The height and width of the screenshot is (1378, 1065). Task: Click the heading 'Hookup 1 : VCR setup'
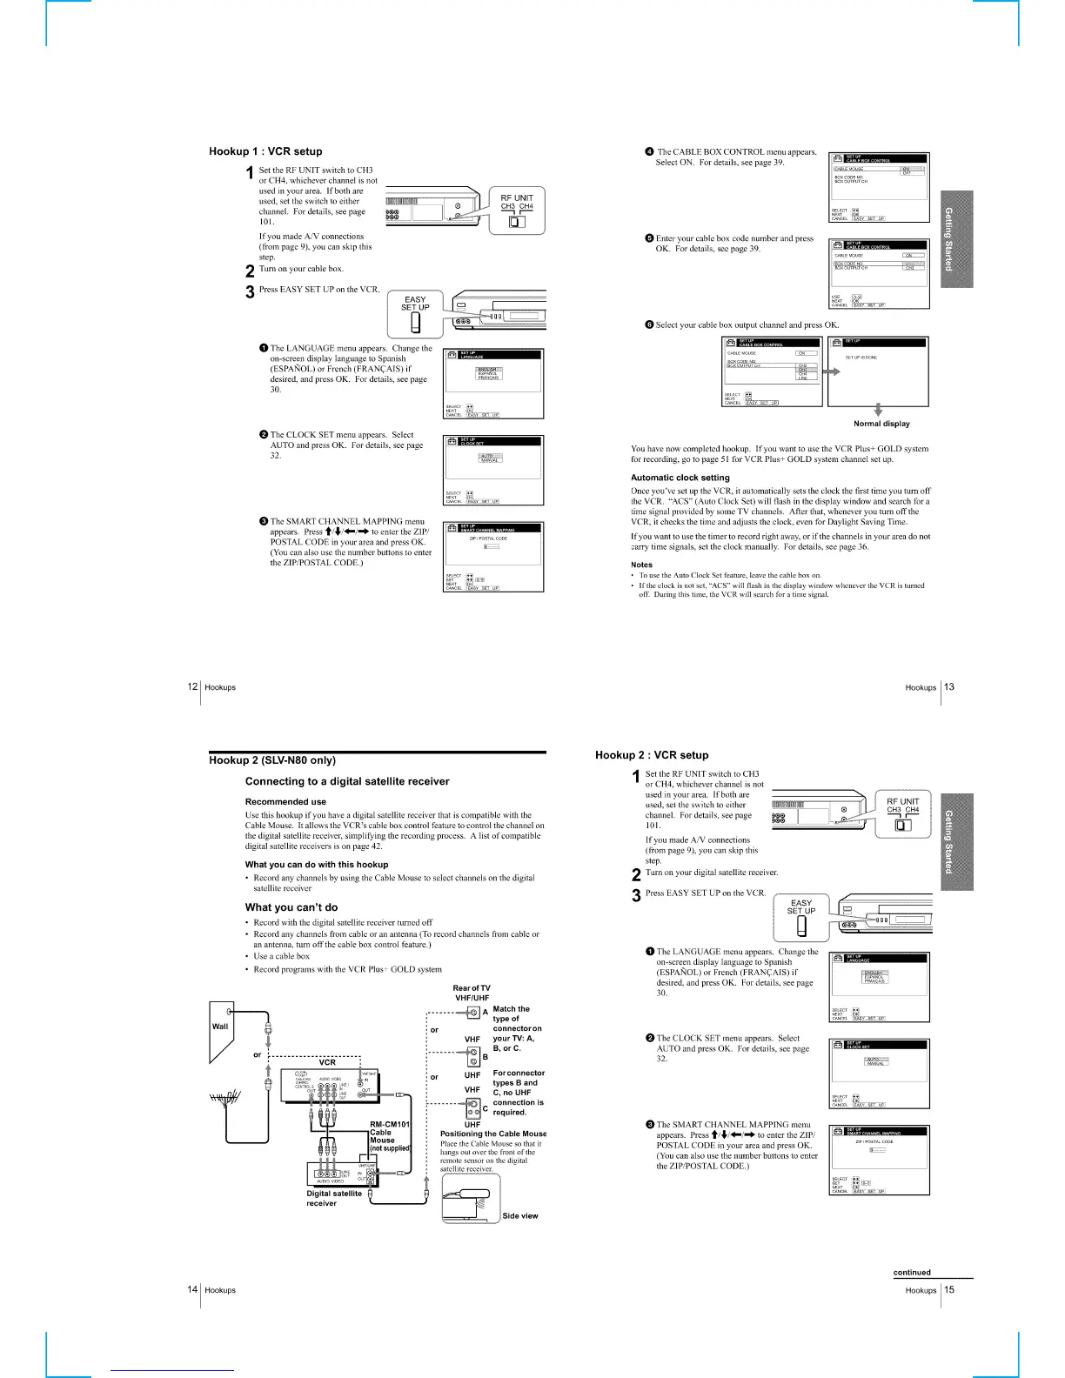click(265, 151)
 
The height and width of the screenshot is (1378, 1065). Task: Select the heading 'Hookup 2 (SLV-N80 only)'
click(272, 760)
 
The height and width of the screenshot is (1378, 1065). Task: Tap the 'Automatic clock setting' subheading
click(680, 478)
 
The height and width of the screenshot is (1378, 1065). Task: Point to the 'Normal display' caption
click(881, 424)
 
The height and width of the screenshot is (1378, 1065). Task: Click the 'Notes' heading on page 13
click(641, 565)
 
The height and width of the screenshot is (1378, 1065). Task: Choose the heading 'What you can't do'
click(291, 907)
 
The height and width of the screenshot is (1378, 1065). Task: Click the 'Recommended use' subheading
click(285, 801)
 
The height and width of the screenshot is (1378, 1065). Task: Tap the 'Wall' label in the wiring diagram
click(220, 1027)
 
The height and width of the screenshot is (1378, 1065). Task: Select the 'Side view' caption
click(520, 1216)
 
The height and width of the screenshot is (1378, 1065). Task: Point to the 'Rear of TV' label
click(472, 987)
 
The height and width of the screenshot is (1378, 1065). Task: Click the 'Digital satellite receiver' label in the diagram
click(334, 1198)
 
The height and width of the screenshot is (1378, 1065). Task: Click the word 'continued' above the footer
click(912, 1272)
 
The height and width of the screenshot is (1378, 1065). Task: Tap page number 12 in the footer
click(192, 686)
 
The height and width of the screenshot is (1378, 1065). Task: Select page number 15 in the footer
click(949, 1289)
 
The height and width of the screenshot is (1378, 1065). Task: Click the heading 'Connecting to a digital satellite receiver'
click(347, 781)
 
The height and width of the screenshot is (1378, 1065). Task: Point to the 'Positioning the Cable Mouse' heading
click(493, 1134)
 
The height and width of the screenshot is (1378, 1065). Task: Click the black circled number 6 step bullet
click(649, 324)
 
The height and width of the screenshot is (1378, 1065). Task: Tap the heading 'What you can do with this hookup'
click(317, 864)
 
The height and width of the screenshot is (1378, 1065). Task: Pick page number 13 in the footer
click(949, 686)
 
